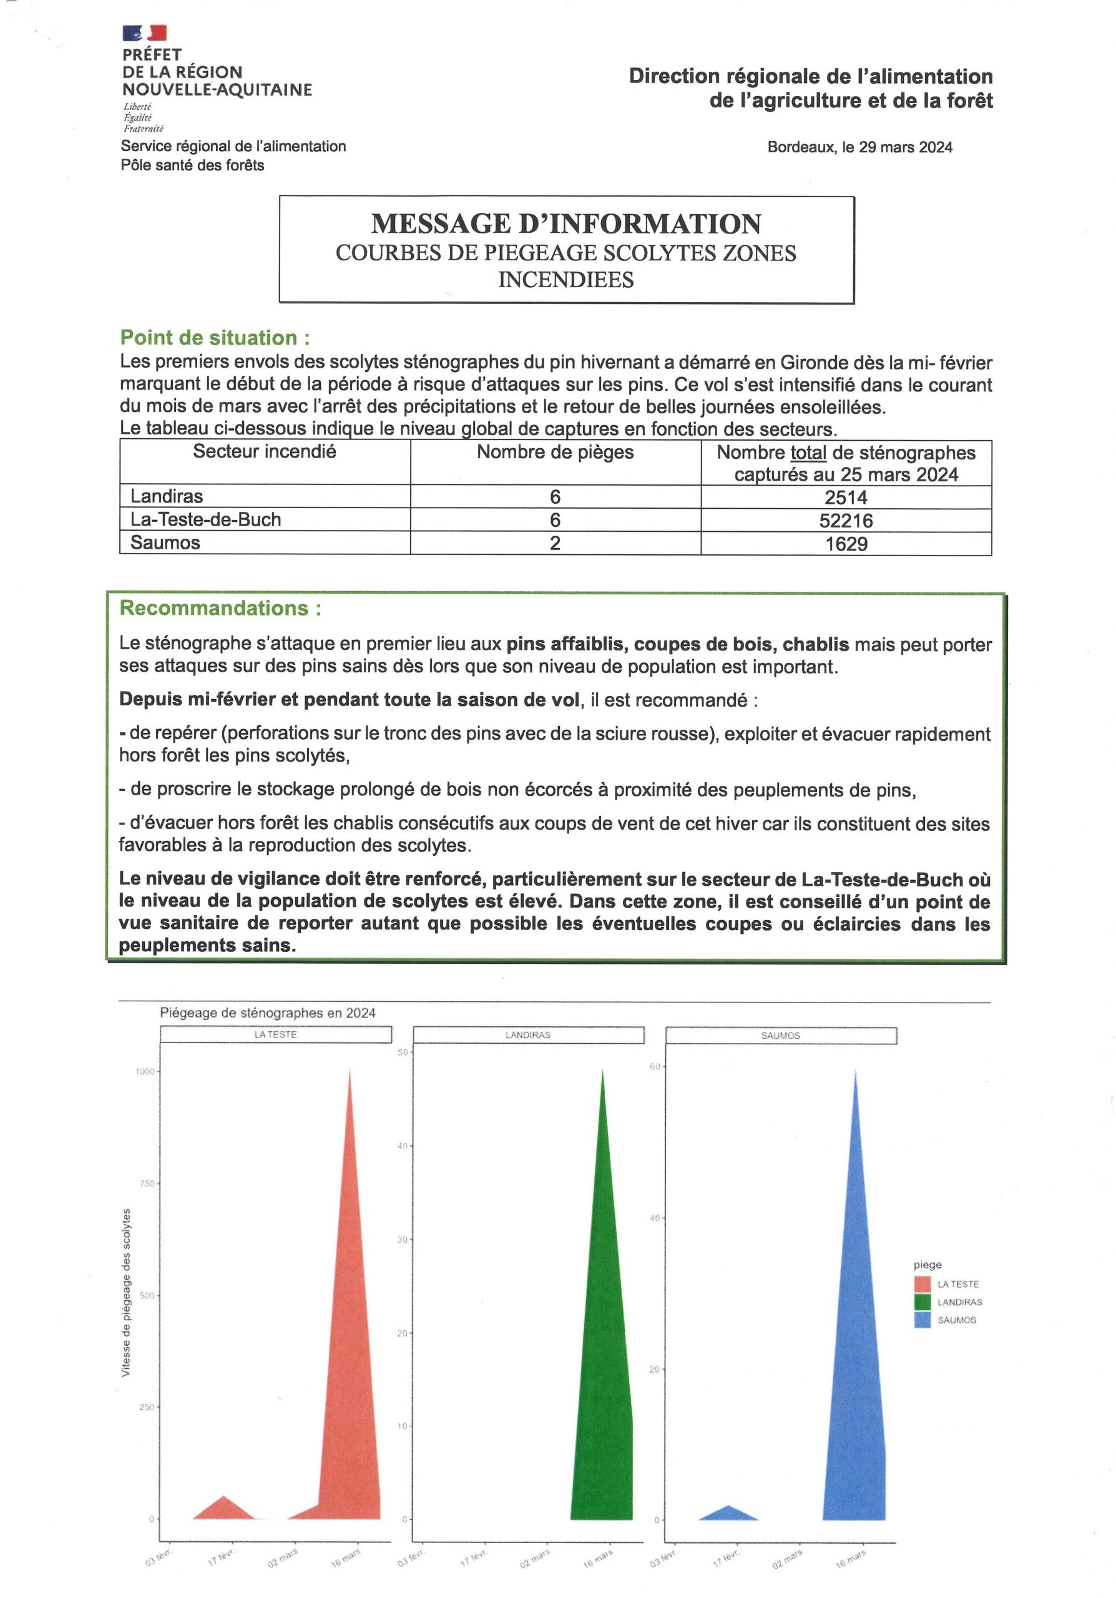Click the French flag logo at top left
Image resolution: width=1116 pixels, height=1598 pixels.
coord(145,32)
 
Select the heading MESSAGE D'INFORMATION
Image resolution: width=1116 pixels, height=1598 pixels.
coord(565,224)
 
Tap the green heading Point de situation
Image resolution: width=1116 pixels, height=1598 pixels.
coord(214,338)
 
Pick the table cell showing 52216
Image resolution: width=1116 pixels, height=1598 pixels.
coord(846,521)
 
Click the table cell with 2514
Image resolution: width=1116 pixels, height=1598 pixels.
coord(846,498)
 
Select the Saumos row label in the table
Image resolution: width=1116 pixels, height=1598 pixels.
coord(165,543)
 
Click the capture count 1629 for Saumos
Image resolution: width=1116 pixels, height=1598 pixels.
coord(846,544)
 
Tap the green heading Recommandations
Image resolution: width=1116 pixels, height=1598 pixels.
coord(220,608)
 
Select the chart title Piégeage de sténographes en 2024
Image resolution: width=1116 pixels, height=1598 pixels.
coord(267,1012)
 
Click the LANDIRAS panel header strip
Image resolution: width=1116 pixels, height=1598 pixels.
coord(528,1035)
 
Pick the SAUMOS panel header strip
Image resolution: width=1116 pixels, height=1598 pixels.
coord(781,1036)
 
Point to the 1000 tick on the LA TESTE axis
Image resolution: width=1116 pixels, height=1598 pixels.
coord(145,1072)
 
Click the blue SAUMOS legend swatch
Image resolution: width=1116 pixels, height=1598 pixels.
coord(923,1320)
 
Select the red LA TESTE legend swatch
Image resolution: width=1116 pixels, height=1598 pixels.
coord(923,1284)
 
